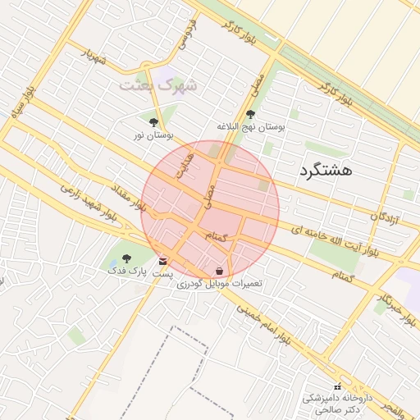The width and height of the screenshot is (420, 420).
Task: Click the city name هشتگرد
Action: [x=327, y=171]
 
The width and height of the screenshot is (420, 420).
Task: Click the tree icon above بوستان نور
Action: [x=153, y=121]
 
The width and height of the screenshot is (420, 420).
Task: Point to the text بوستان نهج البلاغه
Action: [x=250, y=127]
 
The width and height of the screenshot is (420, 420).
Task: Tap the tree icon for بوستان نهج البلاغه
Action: [x=250, y=115]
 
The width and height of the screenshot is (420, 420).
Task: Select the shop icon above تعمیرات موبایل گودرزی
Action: [x=219, y=271]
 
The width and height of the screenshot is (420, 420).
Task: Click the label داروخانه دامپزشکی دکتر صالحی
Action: [x=336, y=403]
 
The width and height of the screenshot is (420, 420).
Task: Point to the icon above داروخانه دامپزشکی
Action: [x=336, y=386]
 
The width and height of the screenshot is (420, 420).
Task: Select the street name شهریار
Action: [x=94, y=57]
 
